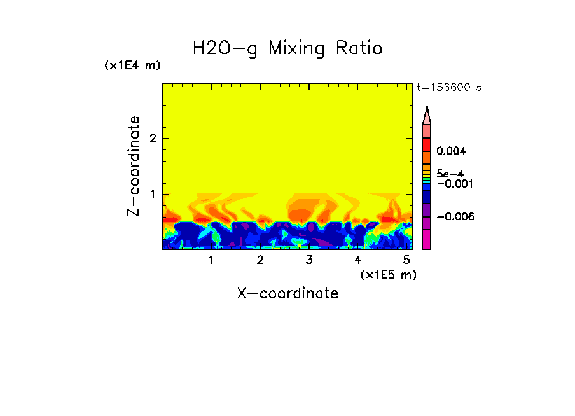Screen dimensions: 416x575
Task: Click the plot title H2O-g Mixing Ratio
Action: coord(287,48)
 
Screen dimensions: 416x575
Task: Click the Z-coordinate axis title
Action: coord(134,166)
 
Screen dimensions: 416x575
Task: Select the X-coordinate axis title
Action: coord(287,293)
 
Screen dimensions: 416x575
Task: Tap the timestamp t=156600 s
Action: coord(449,88)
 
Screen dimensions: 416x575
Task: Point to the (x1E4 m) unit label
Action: coord(132,66)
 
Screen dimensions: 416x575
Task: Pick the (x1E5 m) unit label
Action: coord(388,274)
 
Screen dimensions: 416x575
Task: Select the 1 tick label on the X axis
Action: coord(212,260)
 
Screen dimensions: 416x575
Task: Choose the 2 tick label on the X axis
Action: coord(260,260)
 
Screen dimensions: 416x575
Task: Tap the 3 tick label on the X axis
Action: coord(309,260)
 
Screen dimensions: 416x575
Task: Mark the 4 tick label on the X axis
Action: coord(357,260)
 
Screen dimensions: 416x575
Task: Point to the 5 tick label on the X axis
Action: coord(406,260)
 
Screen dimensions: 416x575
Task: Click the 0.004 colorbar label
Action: coord(452,151)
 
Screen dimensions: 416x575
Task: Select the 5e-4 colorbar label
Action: coord(450,173)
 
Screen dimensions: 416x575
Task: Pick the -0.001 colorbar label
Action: coord(454,184)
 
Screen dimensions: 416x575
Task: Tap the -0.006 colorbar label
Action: coord(455,217)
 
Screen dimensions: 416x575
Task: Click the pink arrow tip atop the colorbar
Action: coord(427,116)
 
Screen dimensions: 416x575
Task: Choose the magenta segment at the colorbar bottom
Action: coord(427,239)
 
